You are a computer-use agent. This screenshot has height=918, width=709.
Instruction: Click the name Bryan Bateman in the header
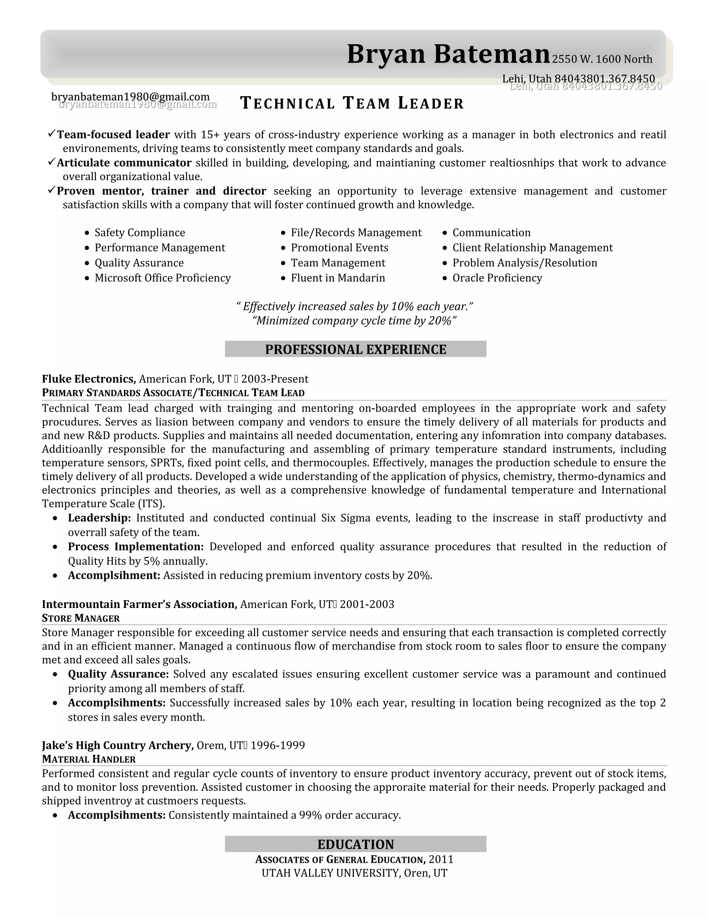pos(448,54)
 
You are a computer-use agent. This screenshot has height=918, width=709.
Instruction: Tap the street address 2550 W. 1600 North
pos(601,59)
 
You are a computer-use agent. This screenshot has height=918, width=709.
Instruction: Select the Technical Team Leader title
pos(352,103)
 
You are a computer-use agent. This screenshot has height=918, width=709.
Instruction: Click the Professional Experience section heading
pos(355,349)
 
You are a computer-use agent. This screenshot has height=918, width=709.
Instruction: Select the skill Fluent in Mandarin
pos(338,278)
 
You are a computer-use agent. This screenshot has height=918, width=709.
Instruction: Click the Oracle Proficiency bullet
pos(497,278)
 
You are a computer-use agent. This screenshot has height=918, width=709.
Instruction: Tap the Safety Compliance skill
pos(140,232)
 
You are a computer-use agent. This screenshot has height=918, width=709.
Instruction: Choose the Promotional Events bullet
pos(339,248)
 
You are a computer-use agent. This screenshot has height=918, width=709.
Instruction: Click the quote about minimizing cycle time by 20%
pos(354,321)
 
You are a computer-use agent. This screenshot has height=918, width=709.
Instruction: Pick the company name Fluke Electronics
pos(88,379)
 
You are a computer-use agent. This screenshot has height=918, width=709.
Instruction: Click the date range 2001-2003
pos(367,604)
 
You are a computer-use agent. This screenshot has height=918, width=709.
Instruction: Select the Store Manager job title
pos(81,618)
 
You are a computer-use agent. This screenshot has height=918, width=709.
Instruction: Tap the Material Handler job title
pos(89,759)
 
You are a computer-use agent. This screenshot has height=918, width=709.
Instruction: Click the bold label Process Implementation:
pos(136,546)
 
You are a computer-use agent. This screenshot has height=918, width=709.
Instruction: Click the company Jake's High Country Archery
pos(118,745)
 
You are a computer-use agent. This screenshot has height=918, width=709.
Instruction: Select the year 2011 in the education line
pos(441,859)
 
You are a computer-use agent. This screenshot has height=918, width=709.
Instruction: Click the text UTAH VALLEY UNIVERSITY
pos(331,873)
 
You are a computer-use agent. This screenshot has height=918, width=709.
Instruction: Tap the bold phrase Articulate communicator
pos(124,163)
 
